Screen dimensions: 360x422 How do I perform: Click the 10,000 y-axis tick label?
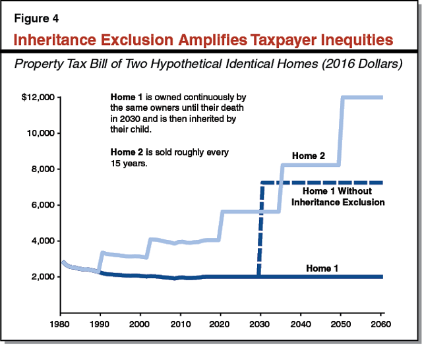click(44, 133)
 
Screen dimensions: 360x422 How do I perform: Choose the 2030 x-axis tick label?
click(260, 326)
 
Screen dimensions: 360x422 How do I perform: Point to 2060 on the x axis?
click(382, 326)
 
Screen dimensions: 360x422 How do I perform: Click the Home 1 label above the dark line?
click(323, 268)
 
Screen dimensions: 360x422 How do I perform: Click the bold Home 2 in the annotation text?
click(127, 152)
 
